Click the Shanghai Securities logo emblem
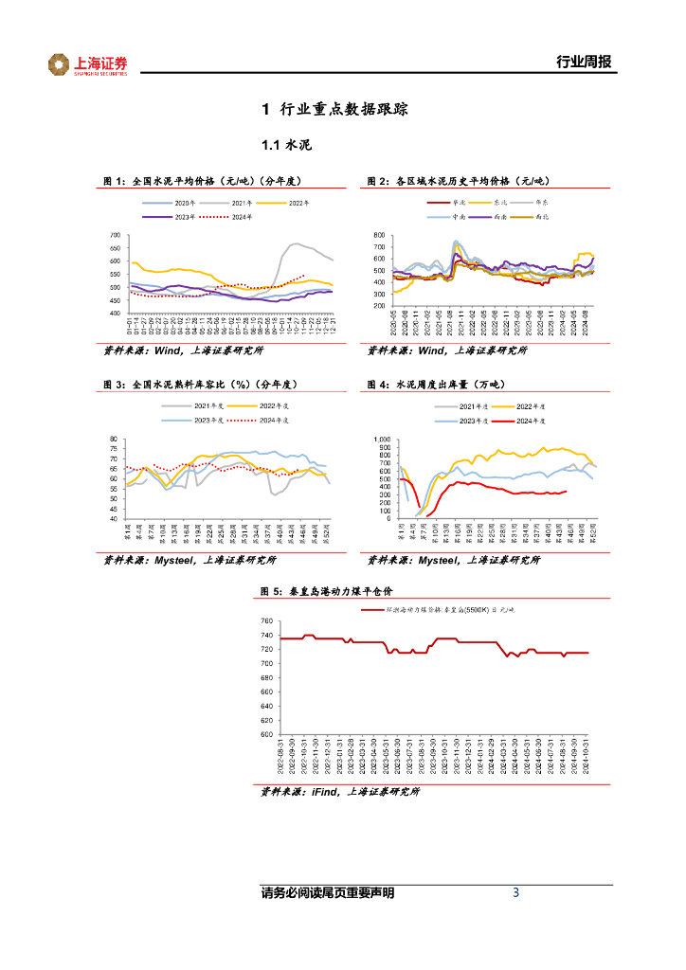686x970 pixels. point(60,64)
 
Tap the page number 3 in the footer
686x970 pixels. point(515,892)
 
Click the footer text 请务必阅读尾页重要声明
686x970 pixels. point(327,892)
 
